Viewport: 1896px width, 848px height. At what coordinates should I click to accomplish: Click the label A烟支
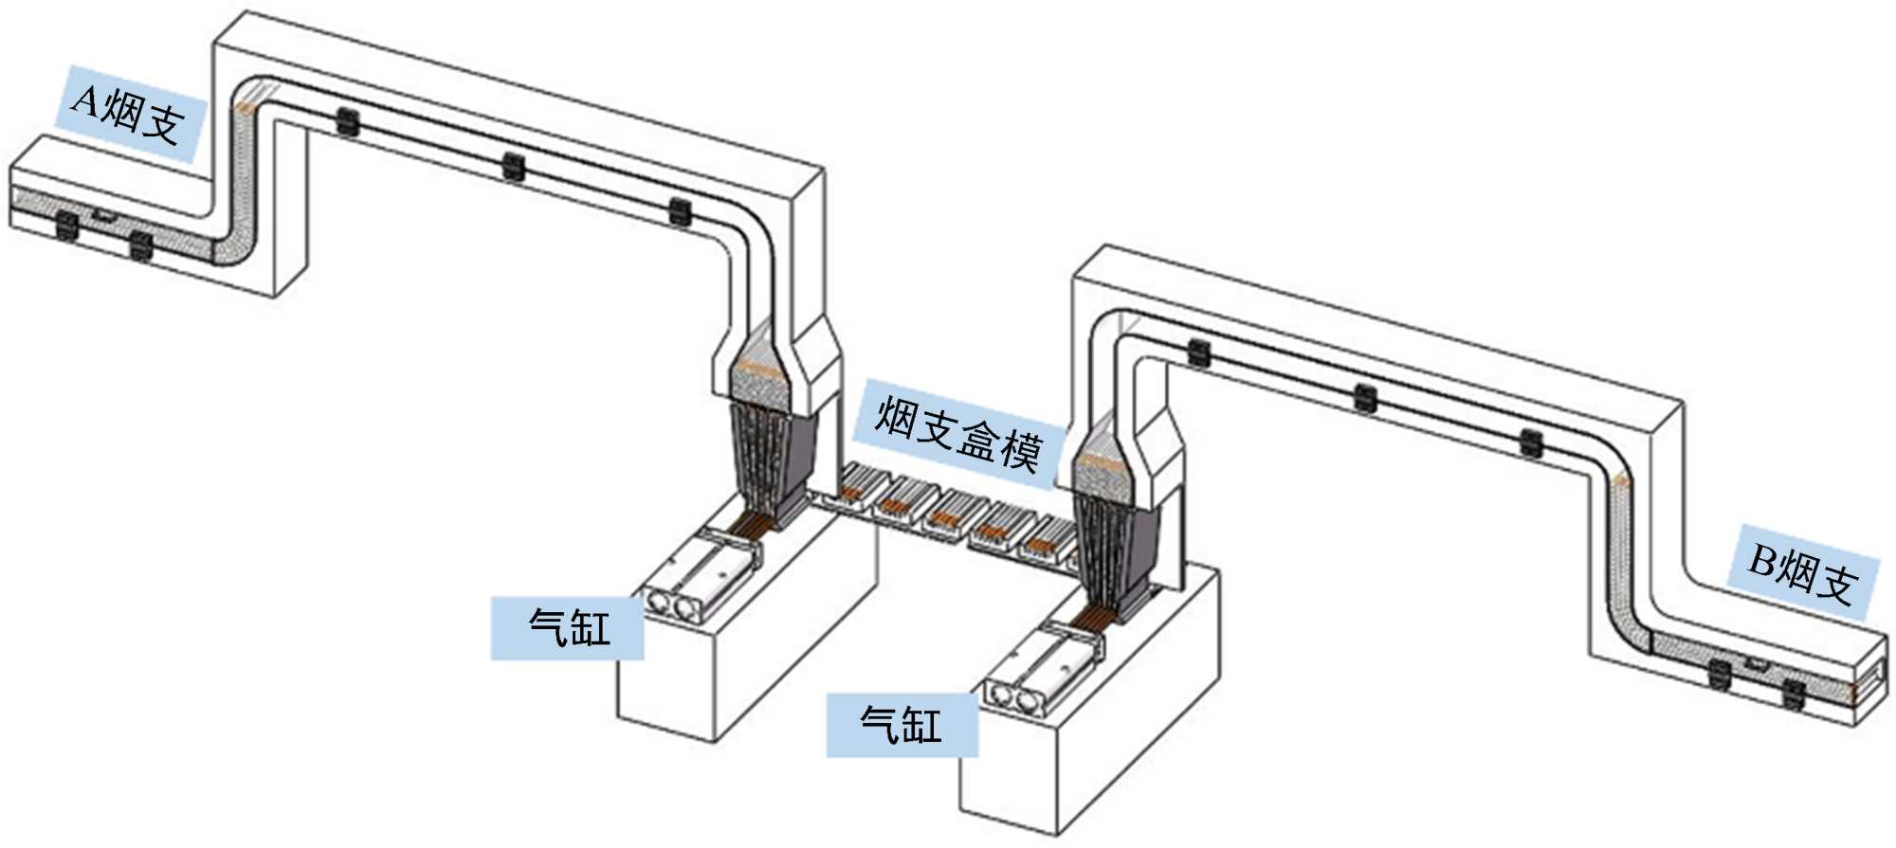[x=129, y=114]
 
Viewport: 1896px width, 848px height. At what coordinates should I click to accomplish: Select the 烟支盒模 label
[x=957, y=435]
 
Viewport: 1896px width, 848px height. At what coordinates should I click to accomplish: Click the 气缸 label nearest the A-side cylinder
[x=568, y=627]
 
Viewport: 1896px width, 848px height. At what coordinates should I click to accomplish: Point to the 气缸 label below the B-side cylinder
[x=902, y=725]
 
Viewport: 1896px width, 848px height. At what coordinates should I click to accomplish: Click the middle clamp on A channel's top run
[x=513, y=167]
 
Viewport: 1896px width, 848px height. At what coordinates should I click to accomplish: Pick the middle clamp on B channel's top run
[x=1365, y=399]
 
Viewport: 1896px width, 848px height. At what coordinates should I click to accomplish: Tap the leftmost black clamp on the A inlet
[x=67, y=225]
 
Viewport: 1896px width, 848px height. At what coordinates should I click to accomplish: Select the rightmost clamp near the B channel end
[x=1792, y=694]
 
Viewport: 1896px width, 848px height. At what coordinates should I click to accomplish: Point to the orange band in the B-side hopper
[x=1100, y=463]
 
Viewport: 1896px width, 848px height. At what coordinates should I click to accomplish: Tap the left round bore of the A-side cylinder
[x=657, y=601]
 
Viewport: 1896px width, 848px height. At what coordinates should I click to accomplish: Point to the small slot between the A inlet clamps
[x=103, y=217]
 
